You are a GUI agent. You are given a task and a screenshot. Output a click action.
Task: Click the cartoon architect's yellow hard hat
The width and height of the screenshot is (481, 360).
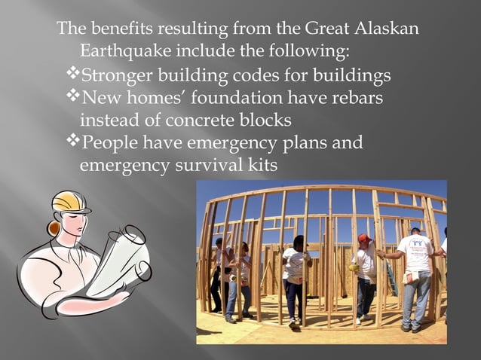pos(71,202)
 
